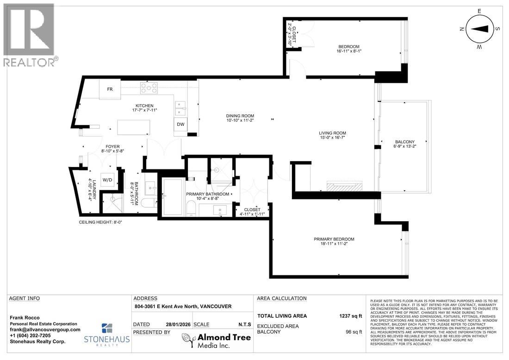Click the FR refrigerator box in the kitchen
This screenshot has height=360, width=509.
[x=110, y=89]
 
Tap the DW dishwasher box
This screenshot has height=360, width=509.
[x=180, y=124]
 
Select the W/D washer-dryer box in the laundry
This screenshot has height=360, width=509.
[x=107, y=180]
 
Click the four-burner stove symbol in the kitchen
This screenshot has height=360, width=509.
[x=149, y=87]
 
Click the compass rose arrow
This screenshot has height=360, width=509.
[x=480, y=28]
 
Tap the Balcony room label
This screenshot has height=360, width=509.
[x=404, y=142]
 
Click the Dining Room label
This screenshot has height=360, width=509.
[x=240, y=116]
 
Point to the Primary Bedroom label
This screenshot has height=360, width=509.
[x=334, y=239]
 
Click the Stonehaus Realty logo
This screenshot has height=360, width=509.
[x=107, y=334]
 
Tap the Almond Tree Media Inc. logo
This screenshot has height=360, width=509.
[x=216, y=341]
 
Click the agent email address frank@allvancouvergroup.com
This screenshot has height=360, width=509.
[x=44, y=329]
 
